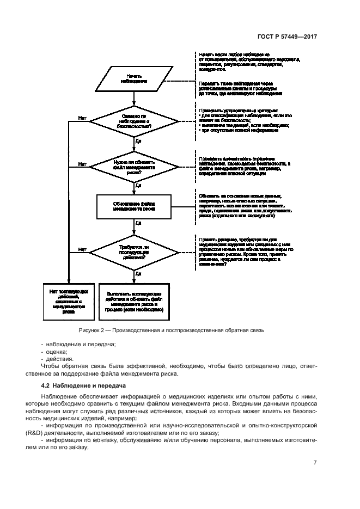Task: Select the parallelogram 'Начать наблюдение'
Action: tap(133, 79)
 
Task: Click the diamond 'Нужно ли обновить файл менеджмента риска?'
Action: tap(133, 165)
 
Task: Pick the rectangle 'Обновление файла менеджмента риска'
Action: tap(133, 205)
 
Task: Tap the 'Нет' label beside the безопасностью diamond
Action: tap(82, 117)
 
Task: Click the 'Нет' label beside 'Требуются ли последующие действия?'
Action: tap(82, 249)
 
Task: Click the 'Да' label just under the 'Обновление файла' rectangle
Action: tap(138, 223)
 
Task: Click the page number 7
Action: tap(315, 463)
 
